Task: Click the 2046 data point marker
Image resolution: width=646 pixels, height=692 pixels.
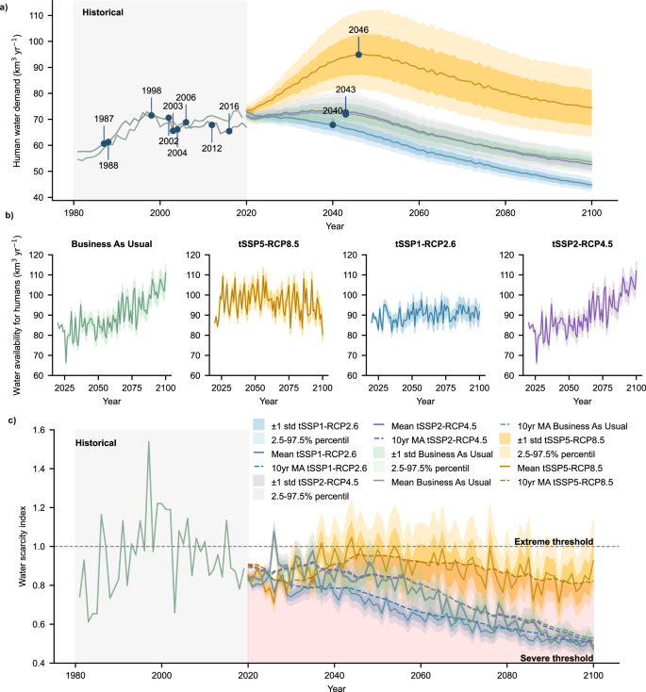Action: tap(358, 55)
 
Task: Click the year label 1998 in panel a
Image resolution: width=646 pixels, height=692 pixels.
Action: tap(151, 91)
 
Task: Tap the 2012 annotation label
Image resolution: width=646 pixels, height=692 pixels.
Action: tap(211, 148)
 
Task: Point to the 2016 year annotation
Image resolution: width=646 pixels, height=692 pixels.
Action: tap(229, 107)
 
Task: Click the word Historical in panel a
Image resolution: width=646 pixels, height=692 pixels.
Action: tap(103, 13)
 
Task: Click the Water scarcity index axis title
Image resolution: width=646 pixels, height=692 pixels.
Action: tap(25, 547)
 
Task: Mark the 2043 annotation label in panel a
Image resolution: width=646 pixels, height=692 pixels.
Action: tap(345, 91)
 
